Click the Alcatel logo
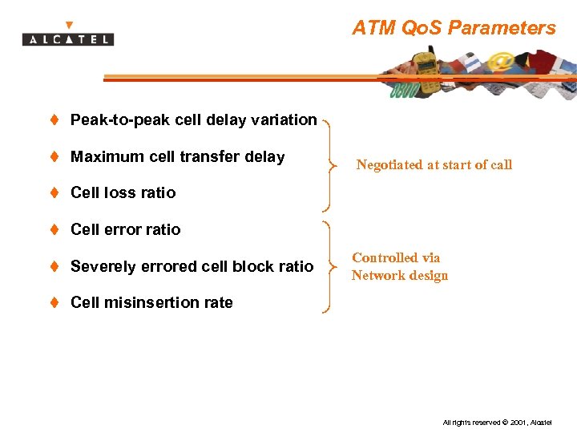(x=68, y=37)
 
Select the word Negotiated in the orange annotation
(x=391, y=165)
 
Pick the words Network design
(x=399, y=276)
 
